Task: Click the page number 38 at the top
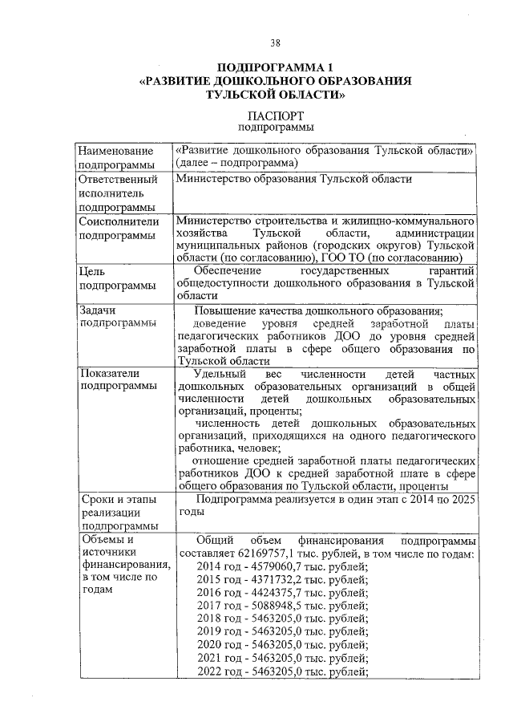pos(275,43)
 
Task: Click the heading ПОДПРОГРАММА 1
pos(275,67)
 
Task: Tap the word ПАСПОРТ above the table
pos(275,115)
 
